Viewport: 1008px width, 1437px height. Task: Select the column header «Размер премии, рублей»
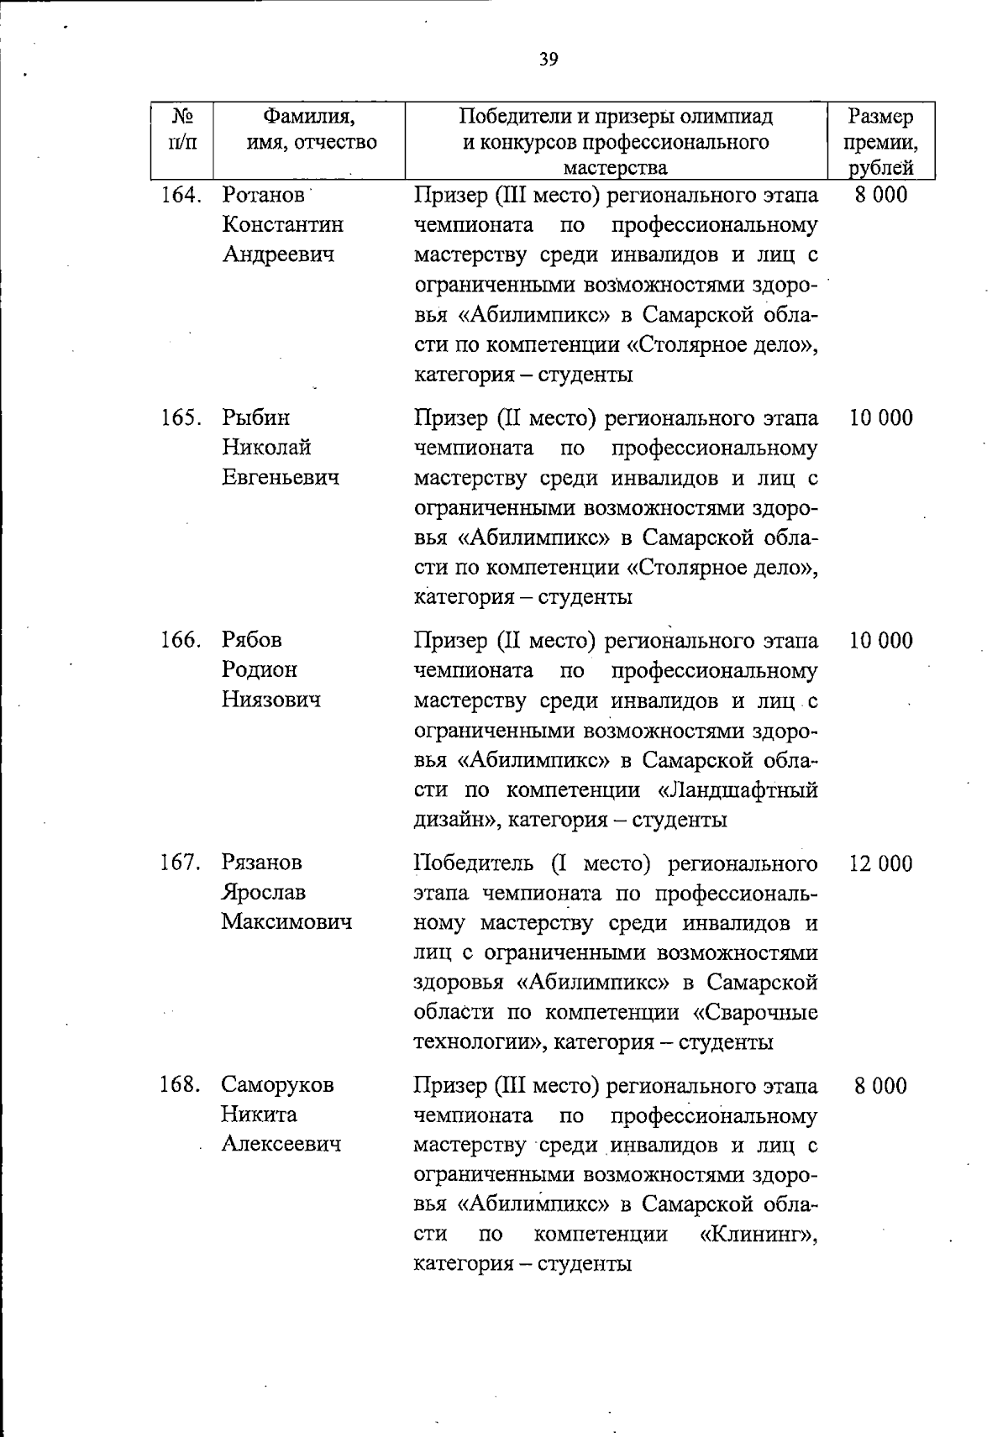coord(879,141)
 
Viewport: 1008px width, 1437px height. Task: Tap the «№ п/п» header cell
coord(182,128)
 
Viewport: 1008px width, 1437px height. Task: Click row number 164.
coord(181,196)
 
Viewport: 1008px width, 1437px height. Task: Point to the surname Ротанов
coord(264,196)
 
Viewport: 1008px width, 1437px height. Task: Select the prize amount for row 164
coord(880,196)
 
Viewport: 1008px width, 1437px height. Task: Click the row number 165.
coord(181,418)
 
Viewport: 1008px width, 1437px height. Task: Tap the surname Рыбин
coord(256,418)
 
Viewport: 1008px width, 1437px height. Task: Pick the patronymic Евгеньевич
coord(281,478)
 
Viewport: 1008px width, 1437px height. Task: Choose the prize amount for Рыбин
coord(880,418)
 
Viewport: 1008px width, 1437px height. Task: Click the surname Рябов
coord(252,641)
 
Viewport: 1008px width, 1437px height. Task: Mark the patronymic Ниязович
coord(271,700)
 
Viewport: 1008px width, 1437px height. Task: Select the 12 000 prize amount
coord(880,863)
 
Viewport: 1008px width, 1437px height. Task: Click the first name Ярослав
coord(264,892)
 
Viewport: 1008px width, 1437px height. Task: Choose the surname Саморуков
coord(278,1085)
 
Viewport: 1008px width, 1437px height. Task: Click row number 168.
coord(180,1085)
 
